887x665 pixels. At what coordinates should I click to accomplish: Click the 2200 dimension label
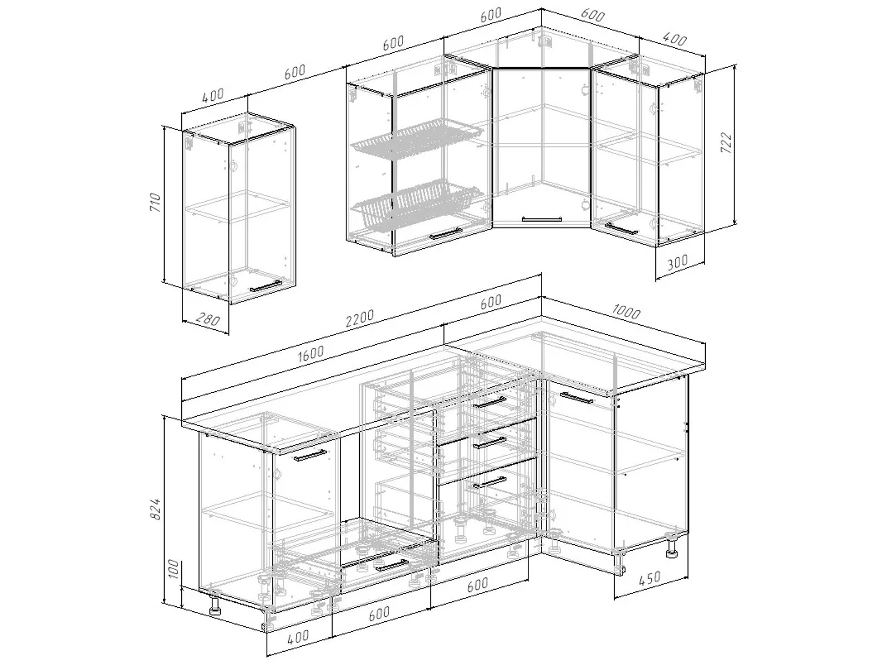(360, 318)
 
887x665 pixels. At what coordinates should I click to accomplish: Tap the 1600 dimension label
(310, 354)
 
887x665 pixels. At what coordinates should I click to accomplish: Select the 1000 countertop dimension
(626, 311)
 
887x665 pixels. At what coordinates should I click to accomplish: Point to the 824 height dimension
(156, 509)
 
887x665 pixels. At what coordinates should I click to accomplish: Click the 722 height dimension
(726, 142)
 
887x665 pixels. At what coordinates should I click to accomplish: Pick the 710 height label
(155, 202)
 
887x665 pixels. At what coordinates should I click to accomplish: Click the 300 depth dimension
(677, 263)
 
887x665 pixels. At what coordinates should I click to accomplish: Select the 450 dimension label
(649, 579)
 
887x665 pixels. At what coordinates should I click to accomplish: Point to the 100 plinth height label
(174, 569)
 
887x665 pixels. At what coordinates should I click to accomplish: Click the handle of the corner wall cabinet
(542, 219)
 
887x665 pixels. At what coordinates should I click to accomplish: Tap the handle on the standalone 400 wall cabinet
(266, 286)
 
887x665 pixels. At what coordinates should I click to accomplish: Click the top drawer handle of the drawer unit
(490, 402)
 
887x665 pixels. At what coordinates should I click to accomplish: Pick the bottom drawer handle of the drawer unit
(490, 482)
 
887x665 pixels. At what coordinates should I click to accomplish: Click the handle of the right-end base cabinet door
(576, 397)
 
